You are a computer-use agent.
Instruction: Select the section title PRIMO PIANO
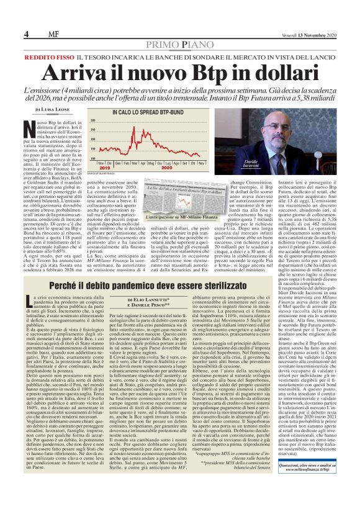click(x=179, y=47)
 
